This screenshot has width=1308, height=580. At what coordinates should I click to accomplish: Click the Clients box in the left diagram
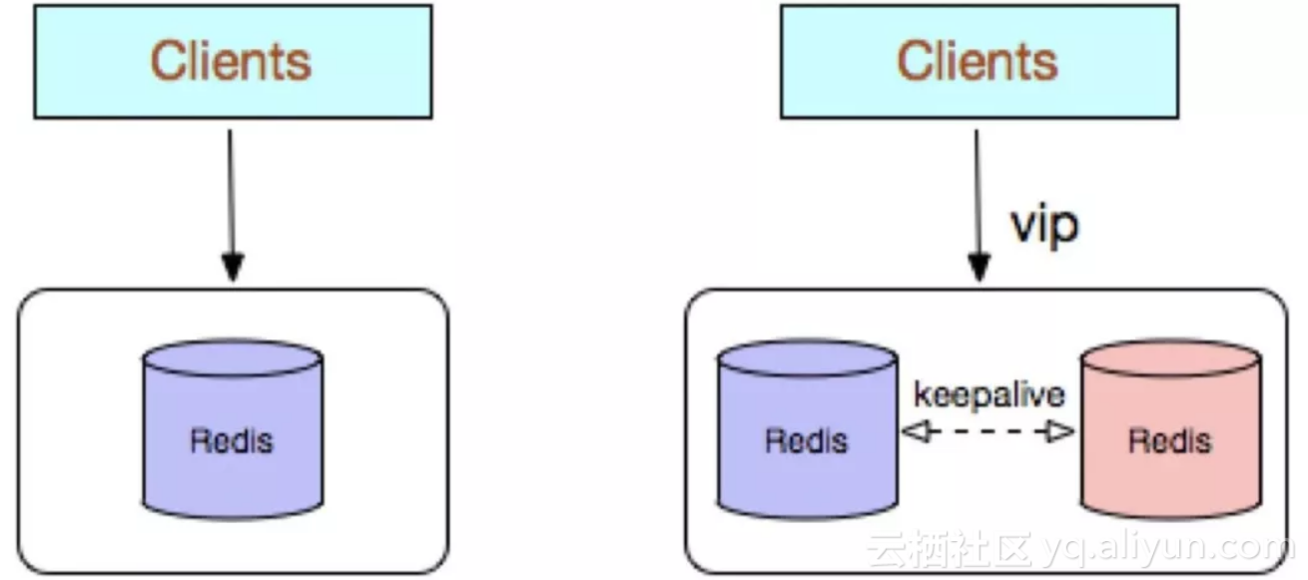point(233,61)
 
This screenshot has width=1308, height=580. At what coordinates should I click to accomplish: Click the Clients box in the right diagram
point(978,61)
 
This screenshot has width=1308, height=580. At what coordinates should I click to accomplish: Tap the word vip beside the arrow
point(1044,225)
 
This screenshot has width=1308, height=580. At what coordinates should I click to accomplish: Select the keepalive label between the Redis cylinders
point(989,395)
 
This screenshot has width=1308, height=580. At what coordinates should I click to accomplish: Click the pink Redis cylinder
point(1170,439)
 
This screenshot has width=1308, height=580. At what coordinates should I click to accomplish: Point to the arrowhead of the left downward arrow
point(232,268)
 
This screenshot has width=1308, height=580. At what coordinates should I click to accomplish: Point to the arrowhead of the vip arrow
point(979,269)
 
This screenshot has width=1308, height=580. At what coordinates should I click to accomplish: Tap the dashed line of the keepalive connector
point(987,432)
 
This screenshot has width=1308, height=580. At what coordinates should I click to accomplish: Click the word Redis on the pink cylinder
point(1170,440)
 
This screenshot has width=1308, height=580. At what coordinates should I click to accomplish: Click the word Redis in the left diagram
point(232,440)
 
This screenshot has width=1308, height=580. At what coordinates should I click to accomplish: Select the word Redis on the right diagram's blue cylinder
point(807,440)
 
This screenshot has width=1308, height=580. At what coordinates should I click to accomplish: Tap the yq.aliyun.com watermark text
point(1164,548)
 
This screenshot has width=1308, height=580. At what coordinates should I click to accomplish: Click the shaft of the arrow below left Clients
point(231,190)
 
